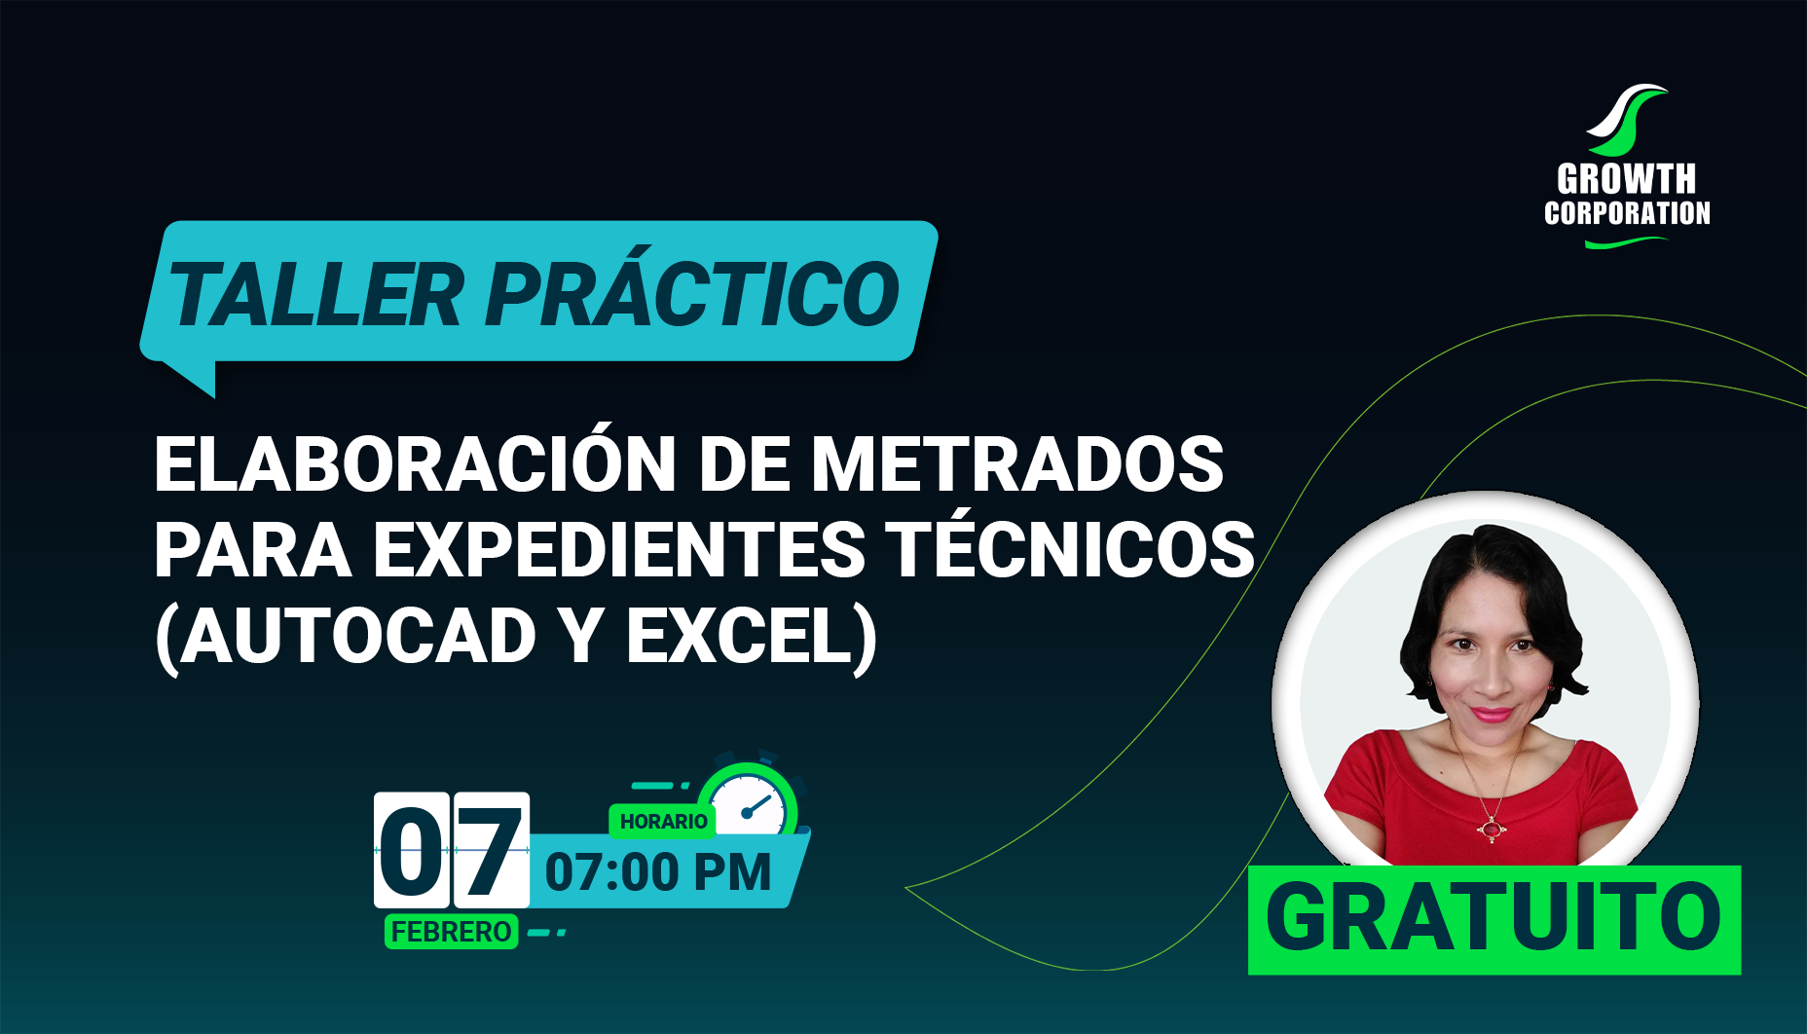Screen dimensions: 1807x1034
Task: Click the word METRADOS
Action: click(x=1016, y=463)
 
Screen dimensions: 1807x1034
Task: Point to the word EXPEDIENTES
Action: click(x=619, y=549)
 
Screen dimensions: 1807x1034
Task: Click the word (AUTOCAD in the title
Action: click(x=347, y=636)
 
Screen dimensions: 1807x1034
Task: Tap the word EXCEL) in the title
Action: click(x=752, y=637)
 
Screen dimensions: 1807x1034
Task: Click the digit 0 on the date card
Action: click(x=412, y=850)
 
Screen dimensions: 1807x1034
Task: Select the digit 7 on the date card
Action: click(x=492, y=850)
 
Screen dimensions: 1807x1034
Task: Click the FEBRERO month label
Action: click(x=451, y=932)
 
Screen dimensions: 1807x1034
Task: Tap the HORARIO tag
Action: click(x=663, y=821)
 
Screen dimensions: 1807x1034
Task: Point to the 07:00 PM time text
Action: click(x=658, y=871)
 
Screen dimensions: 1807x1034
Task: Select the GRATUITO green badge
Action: click(x=1494, y=919)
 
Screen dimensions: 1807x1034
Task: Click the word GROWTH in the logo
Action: click(x=1626, y=179)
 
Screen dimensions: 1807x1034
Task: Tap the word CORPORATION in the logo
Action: click(x=1627, y=213)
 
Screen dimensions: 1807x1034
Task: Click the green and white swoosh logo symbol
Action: click(x=1626, y=119)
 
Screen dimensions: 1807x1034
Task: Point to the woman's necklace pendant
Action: click(x=1491, y=830)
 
